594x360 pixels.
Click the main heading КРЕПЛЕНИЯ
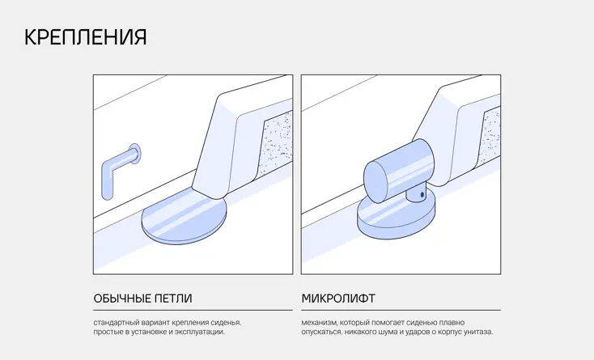coord(85,37)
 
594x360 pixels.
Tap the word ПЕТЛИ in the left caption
coord(173,299)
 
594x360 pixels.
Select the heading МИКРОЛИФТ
coord(338,299)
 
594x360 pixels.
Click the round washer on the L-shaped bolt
coord(135,154)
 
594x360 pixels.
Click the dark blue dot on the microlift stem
coord(422,195)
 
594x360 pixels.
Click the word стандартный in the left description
coord(117,323)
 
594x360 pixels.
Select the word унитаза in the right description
coord(480,332)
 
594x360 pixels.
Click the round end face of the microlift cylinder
coord(375,182)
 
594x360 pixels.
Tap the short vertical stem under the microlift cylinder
coord(416,194)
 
